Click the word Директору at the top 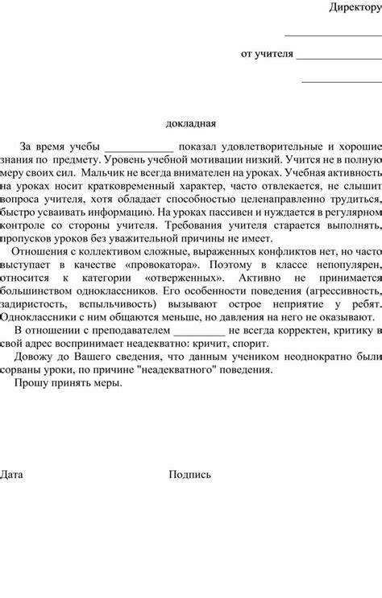coord(355,8)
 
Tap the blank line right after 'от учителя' coord(338,58)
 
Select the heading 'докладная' coord(191,123)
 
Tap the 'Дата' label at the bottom coord(12,474)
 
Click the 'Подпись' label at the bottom coord(190,474)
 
